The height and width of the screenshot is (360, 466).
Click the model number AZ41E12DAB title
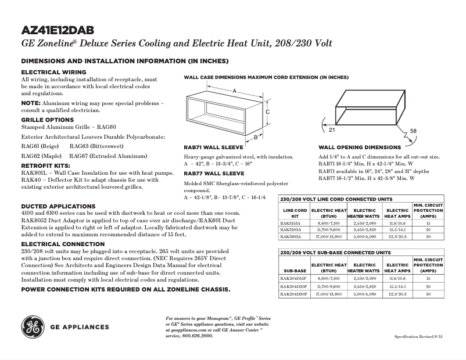pyautogui.click(x=58, y=31)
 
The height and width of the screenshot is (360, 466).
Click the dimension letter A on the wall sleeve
pyautogui.click(x=234, y=91)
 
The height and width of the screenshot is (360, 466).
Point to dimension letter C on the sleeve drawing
pyautogui.click(x=267, y=111)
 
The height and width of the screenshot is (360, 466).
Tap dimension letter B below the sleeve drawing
pyautogui.click(x=255, y=138)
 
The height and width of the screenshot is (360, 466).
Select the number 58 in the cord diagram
pyautogui.click(x=413, y=132)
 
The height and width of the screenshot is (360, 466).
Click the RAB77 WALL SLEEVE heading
pyautogui.click(x=213, y=173)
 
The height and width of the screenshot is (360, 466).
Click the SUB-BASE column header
pyautogui.click(x=295, y=271)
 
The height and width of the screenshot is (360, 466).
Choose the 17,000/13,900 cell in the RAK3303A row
pyautogui.click(x=329, y=236)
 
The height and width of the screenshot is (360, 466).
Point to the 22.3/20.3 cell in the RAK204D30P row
pyautogui.click(x=397, y=294)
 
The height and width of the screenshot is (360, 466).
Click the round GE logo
pyautogui.click(x=33, y=326)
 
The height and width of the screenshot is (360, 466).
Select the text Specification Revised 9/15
pyautogui.click(x=422, y=336)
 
